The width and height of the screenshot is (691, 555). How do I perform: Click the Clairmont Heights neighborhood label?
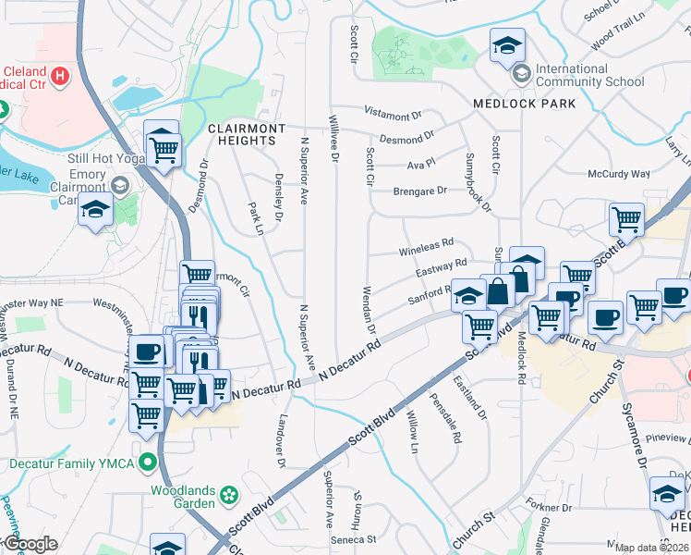click(x=241, y=133)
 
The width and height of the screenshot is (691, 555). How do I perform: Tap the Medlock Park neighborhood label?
click(x=524, y=104)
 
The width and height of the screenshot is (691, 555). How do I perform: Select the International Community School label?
click(x=589, y=75)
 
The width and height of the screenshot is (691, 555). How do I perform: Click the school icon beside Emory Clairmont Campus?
click(x=95, y=211)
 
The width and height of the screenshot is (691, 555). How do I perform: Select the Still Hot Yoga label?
click(x=107, y=157)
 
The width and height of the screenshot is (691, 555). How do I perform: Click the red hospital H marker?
click(x=61, y=76)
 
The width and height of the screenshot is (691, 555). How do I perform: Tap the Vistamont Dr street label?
click(x=393, y=116)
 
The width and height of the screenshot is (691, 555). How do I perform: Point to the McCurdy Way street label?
click(x=619, y=174)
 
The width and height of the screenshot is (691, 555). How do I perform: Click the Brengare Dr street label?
click(x=420, y=191)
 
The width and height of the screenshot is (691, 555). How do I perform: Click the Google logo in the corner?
click(x=30, y=544)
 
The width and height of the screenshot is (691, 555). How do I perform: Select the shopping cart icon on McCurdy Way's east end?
click(x=626, y=220)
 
